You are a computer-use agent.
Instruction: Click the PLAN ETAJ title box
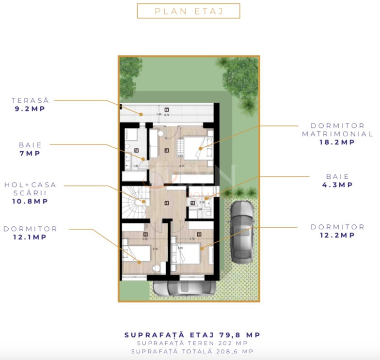click(189, 11)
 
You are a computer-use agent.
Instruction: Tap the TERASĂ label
click(30, 100)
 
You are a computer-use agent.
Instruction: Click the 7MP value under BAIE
click(30, 153)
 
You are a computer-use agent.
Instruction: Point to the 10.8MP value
click(30, 201)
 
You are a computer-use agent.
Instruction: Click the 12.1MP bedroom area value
click(30, 237)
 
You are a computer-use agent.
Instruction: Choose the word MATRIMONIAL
click(337, 134)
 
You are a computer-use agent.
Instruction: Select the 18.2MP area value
click(337, 142)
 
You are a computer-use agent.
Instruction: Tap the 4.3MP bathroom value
click(337, 185)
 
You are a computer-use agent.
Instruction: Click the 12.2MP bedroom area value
click(337, 235)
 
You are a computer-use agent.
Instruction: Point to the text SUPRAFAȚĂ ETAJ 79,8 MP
click(192, 335)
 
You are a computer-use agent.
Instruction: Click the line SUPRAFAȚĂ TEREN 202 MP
click(192, 343)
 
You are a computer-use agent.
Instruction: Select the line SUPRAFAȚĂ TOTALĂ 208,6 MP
click(192, 351)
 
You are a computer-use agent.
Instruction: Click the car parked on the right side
click(241, 232)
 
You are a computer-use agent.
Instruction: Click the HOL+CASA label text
click(30, 185)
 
